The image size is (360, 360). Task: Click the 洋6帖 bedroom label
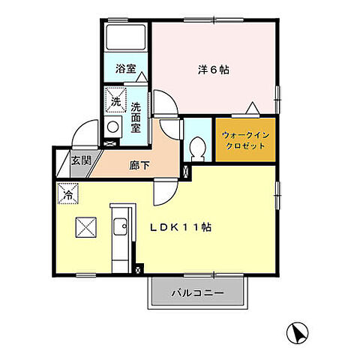point(214,70)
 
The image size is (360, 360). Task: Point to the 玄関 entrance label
point(81,160)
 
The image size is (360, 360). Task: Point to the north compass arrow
point(298,332)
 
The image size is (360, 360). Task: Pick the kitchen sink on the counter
point(120,227)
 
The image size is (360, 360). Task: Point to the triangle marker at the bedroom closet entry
point(256,107)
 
